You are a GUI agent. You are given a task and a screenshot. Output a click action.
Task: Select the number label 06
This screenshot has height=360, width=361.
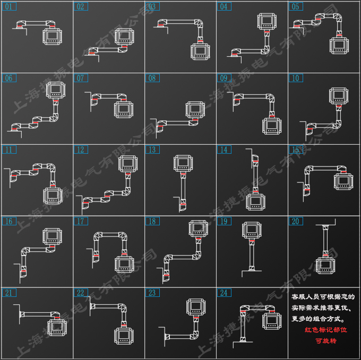coord(9,78)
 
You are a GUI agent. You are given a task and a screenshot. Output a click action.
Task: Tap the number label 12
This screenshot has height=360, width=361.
coord(81,150)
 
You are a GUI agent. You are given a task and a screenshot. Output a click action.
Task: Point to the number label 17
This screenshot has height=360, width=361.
coord(81,221)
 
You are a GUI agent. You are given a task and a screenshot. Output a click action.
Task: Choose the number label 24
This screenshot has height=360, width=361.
coord(224,293)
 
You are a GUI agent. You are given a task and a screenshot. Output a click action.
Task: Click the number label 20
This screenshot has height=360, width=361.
coord(296,221)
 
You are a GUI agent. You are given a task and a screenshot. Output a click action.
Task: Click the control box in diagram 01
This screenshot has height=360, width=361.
coord(52,37)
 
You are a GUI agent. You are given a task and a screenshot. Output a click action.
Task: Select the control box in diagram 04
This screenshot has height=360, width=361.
coord(267,22)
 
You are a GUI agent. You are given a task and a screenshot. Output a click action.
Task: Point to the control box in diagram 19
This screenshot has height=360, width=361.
coord(251,230)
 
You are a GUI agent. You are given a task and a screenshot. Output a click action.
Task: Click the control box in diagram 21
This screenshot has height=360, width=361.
coord(57,328)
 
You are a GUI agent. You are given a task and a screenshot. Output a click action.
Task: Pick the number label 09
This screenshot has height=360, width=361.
coord(224,78)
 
